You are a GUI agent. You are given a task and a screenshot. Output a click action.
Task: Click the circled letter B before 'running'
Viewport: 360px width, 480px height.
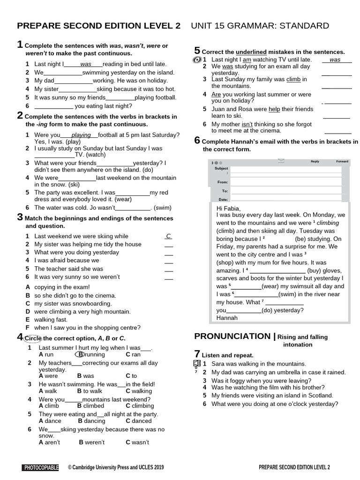(x=81, y=355)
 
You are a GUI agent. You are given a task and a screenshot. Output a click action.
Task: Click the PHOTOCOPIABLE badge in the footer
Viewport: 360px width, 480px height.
(x=41, y=467)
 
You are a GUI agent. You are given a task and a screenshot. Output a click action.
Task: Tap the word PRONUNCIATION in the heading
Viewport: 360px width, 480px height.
(x=232, y=336)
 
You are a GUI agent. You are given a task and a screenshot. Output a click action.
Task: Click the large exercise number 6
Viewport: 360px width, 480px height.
(x=197, y=140)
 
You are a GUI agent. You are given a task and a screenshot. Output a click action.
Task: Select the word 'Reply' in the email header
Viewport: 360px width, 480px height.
(x=315, y=161)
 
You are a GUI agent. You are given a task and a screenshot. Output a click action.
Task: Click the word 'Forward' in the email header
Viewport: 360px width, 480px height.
(x=342, y=161)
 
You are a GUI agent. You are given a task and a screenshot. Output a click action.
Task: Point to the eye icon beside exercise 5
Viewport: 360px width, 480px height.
(x=197, y=60)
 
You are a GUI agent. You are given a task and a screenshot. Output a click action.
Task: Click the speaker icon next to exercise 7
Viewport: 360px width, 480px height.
(x=197, y=364)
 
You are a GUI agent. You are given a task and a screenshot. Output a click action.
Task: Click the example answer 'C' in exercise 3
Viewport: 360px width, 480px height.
(x=168, y=236)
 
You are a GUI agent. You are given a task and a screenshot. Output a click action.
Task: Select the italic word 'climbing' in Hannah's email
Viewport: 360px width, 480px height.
(x=328, y=223)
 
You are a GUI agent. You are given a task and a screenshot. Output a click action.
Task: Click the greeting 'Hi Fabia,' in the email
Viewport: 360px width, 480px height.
(x=228, y=208)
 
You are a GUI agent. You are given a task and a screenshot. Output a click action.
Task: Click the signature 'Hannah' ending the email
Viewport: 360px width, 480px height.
(x=227, y=318)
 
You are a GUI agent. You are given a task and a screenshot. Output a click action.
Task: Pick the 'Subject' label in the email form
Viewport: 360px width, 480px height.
(x=221, y=168)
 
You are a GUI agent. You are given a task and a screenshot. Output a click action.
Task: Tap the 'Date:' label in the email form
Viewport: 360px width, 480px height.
(x=223, y=199)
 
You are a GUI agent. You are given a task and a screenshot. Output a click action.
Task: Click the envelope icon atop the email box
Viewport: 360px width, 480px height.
(x=281, y=161)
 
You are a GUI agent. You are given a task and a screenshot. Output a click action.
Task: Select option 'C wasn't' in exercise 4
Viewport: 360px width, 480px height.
(x=137, y=442)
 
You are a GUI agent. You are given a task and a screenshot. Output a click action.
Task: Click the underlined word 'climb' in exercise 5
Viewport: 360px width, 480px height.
(x=293, y=79)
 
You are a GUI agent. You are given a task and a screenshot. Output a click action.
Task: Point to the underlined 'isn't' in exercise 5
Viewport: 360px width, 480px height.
(x=247, y=124)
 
